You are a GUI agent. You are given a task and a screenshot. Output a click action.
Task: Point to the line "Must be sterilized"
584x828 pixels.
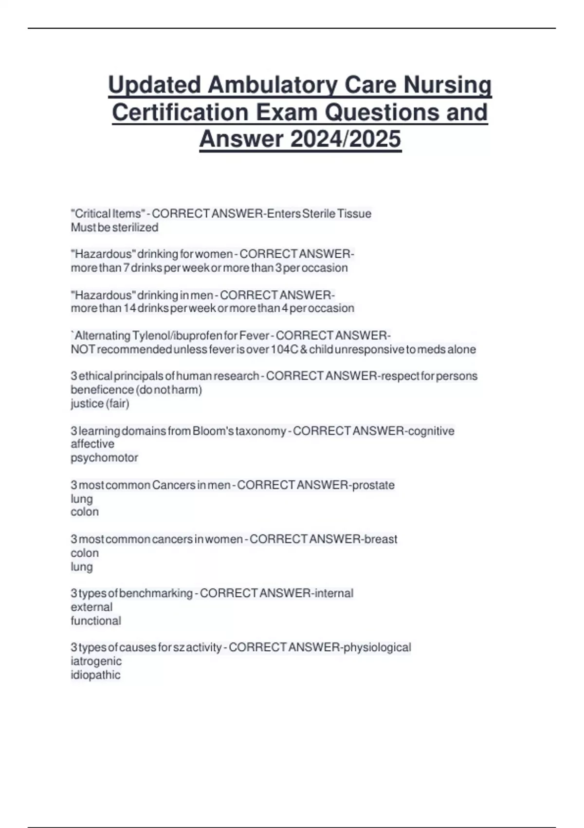pyautogui.click(x=114, y=227)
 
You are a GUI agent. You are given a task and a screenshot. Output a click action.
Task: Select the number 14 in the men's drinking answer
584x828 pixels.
pyautogui.click(x=129, y=308)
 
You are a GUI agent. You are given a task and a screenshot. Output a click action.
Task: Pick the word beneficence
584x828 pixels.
pyautogui.click(x=102, y=390)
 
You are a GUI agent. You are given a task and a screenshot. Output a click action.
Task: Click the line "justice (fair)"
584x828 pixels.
pyautogui.click(x=100, y=403)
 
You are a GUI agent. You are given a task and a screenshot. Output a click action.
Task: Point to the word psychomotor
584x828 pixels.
pyautogui.click(x=104, y=458)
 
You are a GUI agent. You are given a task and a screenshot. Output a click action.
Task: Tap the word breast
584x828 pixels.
pyautogui.click(x=381, y=539)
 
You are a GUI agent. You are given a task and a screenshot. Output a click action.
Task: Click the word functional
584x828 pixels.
pyautogui.click(x=96, y=621)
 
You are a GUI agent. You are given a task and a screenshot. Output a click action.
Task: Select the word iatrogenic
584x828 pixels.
pyautogui.click(x=96, y=661)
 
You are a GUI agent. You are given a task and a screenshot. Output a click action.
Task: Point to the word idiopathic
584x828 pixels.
pyautogui.click(x=95, y=675)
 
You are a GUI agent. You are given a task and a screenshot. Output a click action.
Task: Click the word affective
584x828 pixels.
pyautogui.click(x=92, y=444)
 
